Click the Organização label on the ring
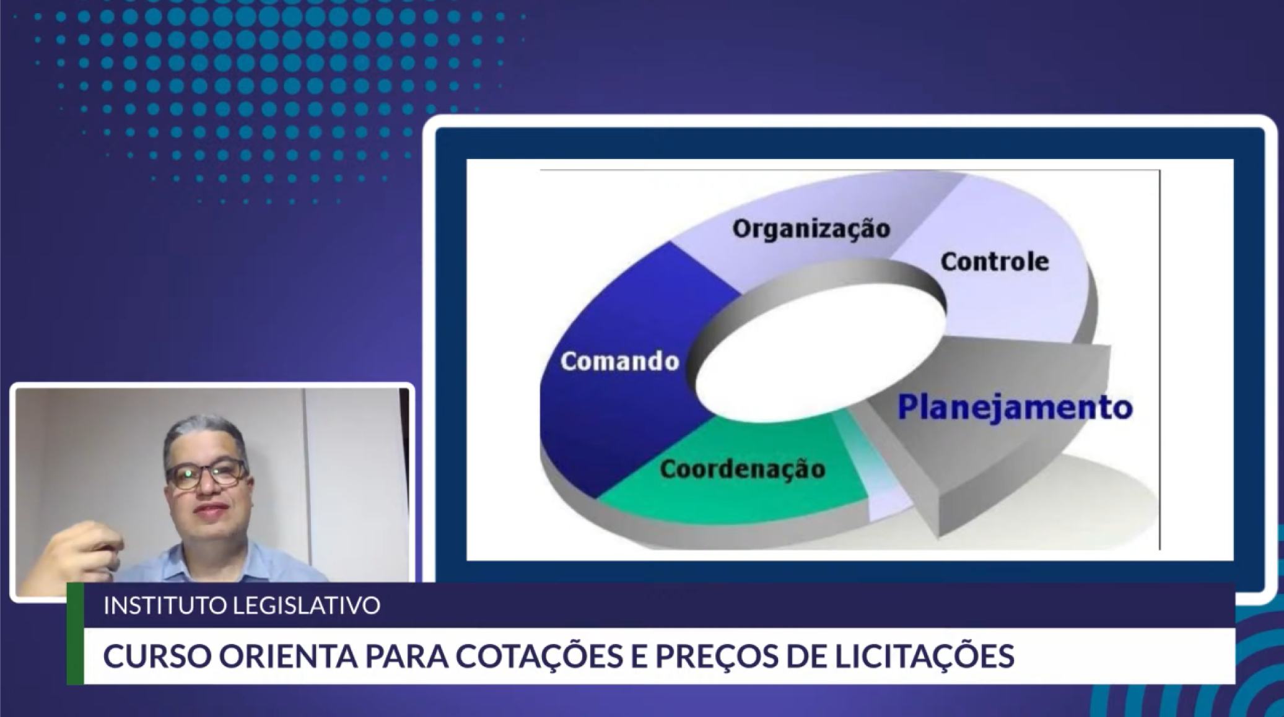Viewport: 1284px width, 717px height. tap(811, 229)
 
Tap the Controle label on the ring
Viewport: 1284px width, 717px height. tap(995, 262)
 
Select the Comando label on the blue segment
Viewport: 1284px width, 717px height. tap(620, 361)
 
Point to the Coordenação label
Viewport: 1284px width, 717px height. tap(743, 469)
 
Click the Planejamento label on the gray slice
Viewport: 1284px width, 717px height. tap(1015, 408)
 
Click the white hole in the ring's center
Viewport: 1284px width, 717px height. tap(820, 354)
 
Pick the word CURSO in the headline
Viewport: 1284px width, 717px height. tap(157, 656)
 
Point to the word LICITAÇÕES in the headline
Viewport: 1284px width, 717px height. tap(924, 655)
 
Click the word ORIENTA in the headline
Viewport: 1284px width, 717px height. tap(288, 656)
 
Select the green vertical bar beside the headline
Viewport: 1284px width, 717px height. tap(75, 633)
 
